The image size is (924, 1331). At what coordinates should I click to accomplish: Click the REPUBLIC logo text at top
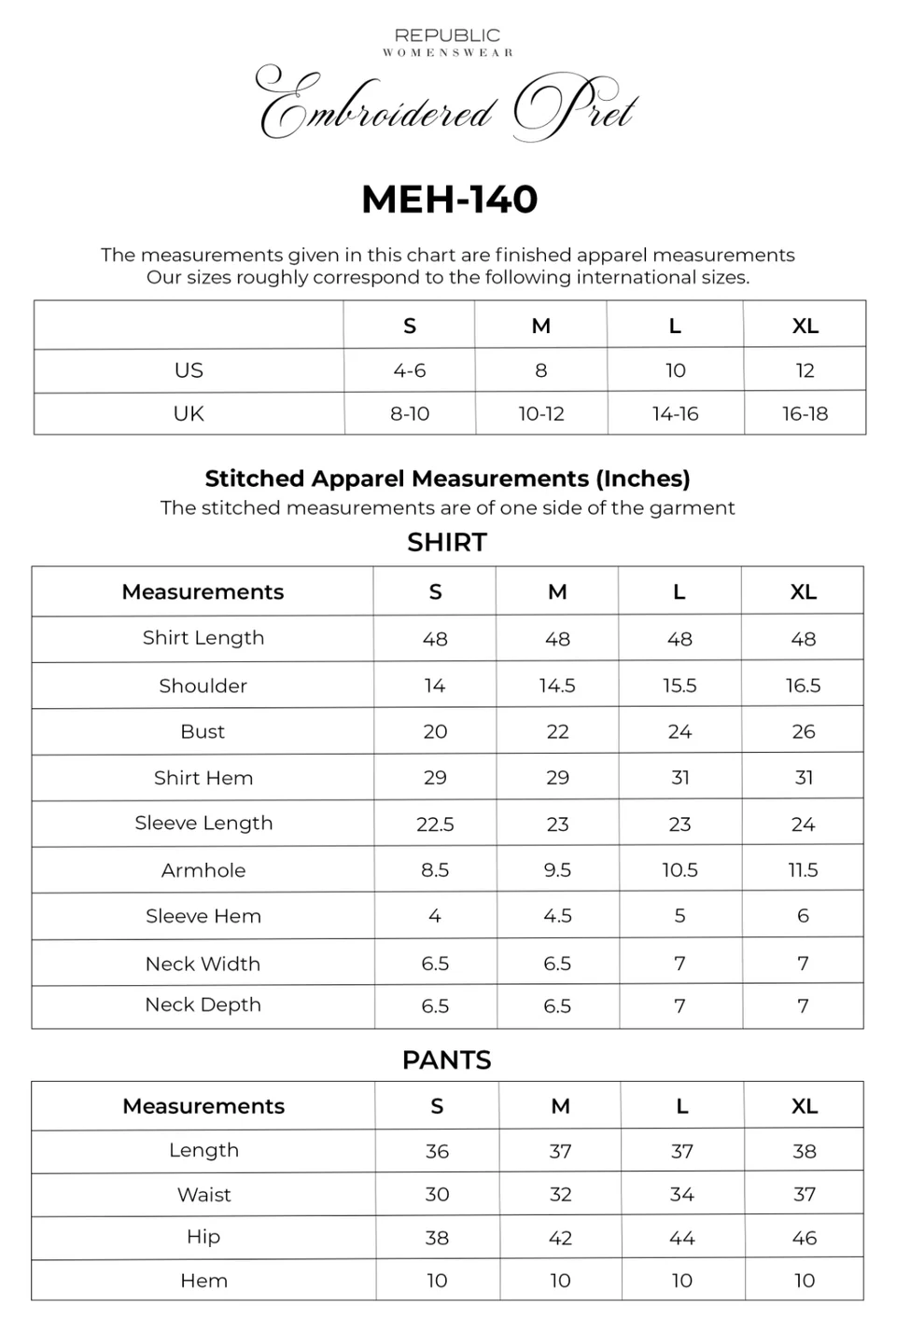point(447,35)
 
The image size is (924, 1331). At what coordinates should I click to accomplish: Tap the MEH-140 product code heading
point(450,199)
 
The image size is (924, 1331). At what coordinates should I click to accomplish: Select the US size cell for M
point(540,370)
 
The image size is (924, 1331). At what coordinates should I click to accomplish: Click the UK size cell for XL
point(805,413)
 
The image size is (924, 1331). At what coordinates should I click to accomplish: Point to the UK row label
point(189,413)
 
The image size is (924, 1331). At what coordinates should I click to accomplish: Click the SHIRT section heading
point(447,542)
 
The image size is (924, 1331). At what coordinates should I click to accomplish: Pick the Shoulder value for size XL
point(803,686)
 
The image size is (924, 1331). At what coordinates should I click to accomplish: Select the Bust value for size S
point(435,731)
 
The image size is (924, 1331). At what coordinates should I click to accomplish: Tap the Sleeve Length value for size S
point(435,824)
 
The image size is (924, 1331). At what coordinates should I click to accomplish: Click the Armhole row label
point(203,870)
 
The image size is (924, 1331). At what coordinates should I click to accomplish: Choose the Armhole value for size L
point(679,870)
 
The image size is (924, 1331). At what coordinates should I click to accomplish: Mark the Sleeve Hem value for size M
point(557,916)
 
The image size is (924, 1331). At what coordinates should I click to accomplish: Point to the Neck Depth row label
point(203,1005)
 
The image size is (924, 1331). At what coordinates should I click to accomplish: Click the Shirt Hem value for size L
point(679,777)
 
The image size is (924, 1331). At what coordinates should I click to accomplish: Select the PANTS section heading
point(447,1060)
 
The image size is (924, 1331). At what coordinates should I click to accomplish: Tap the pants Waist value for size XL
point(804,1194)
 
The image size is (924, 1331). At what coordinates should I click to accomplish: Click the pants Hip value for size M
point(560,1238)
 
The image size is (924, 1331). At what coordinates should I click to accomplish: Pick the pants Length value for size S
point(437,1151)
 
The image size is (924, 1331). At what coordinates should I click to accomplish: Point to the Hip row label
point(203,1237)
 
